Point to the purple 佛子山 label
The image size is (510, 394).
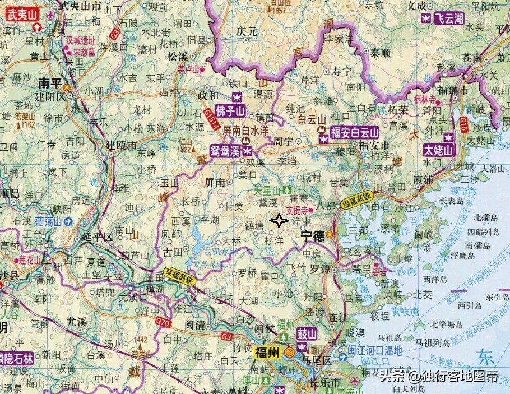[x=231, y=110]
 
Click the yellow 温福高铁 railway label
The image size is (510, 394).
[x=357, y=201]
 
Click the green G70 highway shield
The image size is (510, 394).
[x=163, y=323]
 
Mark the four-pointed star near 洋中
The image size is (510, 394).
[x=279, y=221]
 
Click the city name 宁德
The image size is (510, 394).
[x=312, y=236]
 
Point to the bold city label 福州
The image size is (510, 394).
[x=266, y=353]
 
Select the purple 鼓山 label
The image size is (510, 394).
[x=307, y=334]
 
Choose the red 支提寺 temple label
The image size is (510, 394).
[x=296, y=211]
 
